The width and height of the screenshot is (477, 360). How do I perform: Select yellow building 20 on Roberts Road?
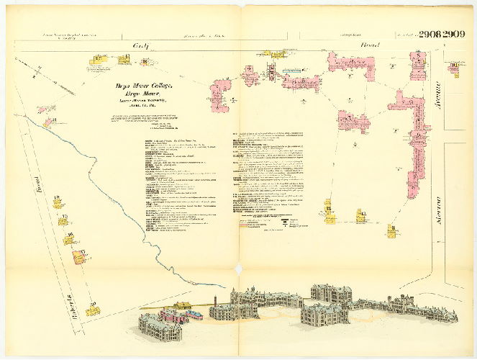[92, 310]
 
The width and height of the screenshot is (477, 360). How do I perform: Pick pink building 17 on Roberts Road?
[78, 255]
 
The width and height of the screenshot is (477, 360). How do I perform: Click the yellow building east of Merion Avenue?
[455, 70]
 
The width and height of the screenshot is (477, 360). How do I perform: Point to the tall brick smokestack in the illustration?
[216, 303]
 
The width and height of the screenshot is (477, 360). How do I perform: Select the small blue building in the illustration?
[194, 314]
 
